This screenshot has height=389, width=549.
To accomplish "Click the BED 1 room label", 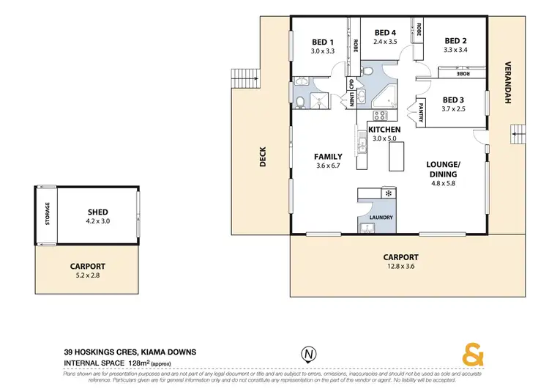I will (x=322, y=42).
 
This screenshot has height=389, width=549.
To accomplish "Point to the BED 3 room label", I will (x=454, y=100).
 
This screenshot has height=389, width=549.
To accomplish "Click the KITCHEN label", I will (x=384, y=129).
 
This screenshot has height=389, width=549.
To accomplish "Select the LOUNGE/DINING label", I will (x=442, y=169).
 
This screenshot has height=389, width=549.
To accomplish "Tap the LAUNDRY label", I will (x=381, y=218).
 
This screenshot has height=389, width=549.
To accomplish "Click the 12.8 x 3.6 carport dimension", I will (x=400, y=267).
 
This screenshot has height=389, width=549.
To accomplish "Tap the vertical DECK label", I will (x=263, y=157).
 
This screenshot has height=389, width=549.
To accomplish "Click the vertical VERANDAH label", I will (x=506, y=83).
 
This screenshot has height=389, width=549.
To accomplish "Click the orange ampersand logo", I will (x=474, y=355).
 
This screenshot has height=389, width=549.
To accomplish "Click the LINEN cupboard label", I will (x=352, y=97).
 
